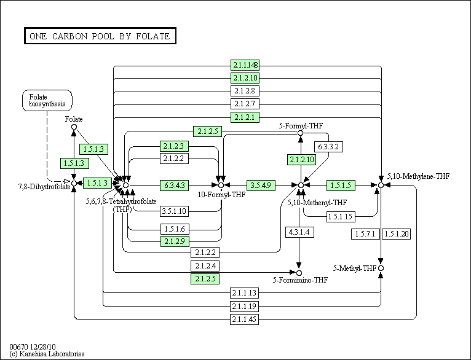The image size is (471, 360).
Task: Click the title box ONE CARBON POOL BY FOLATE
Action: tap(100, 36)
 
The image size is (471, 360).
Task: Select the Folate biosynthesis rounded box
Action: tap(47, 101)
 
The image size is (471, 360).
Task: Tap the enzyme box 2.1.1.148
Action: tap(245, 65)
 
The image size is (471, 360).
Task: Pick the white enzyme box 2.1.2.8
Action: tap(245, 90)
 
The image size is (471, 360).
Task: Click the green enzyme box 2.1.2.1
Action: tap(245, 117)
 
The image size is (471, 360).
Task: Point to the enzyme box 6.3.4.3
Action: tap(174, 186)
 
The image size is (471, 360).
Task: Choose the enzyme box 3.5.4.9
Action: tap(261, 186)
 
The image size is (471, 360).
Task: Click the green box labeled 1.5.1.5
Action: tap(341, 186)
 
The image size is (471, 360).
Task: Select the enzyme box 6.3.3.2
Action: tap(328, 147)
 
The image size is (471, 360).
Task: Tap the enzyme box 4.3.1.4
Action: tap(299, 232)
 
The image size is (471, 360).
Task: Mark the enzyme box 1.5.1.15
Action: tap(341, 217)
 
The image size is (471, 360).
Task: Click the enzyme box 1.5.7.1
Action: tap(365, 234)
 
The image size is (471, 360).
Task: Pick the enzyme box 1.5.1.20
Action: tap(397, 234)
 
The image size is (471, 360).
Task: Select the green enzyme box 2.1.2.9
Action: tap(175, 241)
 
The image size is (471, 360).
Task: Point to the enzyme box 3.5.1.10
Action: tap(174, 211)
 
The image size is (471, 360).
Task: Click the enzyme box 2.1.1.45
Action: tap(244, 319)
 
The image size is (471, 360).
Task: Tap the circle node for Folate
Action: tap(74, 127)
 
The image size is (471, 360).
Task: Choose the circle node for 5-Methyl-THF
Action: tap(381, 268)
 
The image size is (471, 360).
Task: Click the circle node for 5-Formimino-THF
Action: tap(299, 273)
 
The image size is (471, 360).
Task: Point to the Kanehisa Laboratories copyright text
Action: tap(47, 354)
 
